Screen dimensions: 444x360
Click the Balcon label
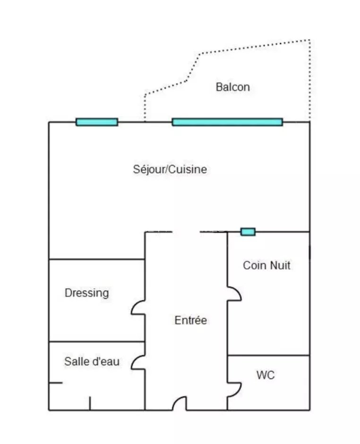click(232, 87)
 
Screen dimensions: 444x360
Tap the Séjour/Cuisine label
click(170, 169)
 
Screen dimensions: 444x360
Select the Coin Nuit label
click(266, 265)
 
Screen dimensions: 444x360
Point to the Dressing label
click(86, 293)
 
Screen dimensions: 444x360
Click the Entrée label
click(191, 320)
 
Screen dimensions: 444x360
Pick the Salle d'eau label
click(92, 362)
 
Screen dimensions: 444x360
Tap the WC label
click(266, 376)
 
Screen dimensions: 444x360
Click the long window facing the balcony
click(227, 122)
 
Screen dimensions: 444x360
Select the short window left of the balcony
click(97, 122)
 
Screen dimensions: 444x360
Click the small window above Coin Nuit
click(248, 231)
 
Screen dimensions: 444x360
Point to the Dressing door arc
click(138, 308)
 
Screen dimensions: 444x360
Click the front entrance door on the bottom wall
click(180, 404)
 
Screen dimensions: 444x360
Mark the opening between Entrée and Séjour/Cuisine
click(186, 232)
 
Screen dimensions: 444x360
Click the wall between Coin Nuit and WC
click(268, 355)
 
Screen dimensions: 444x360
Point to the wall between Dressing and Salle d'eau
click(96, 342)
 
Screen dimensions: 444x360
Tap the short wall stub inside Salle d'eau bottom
click(90, 403)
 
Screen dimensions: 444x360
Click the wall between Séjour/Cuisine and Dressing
click(96, 259)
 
